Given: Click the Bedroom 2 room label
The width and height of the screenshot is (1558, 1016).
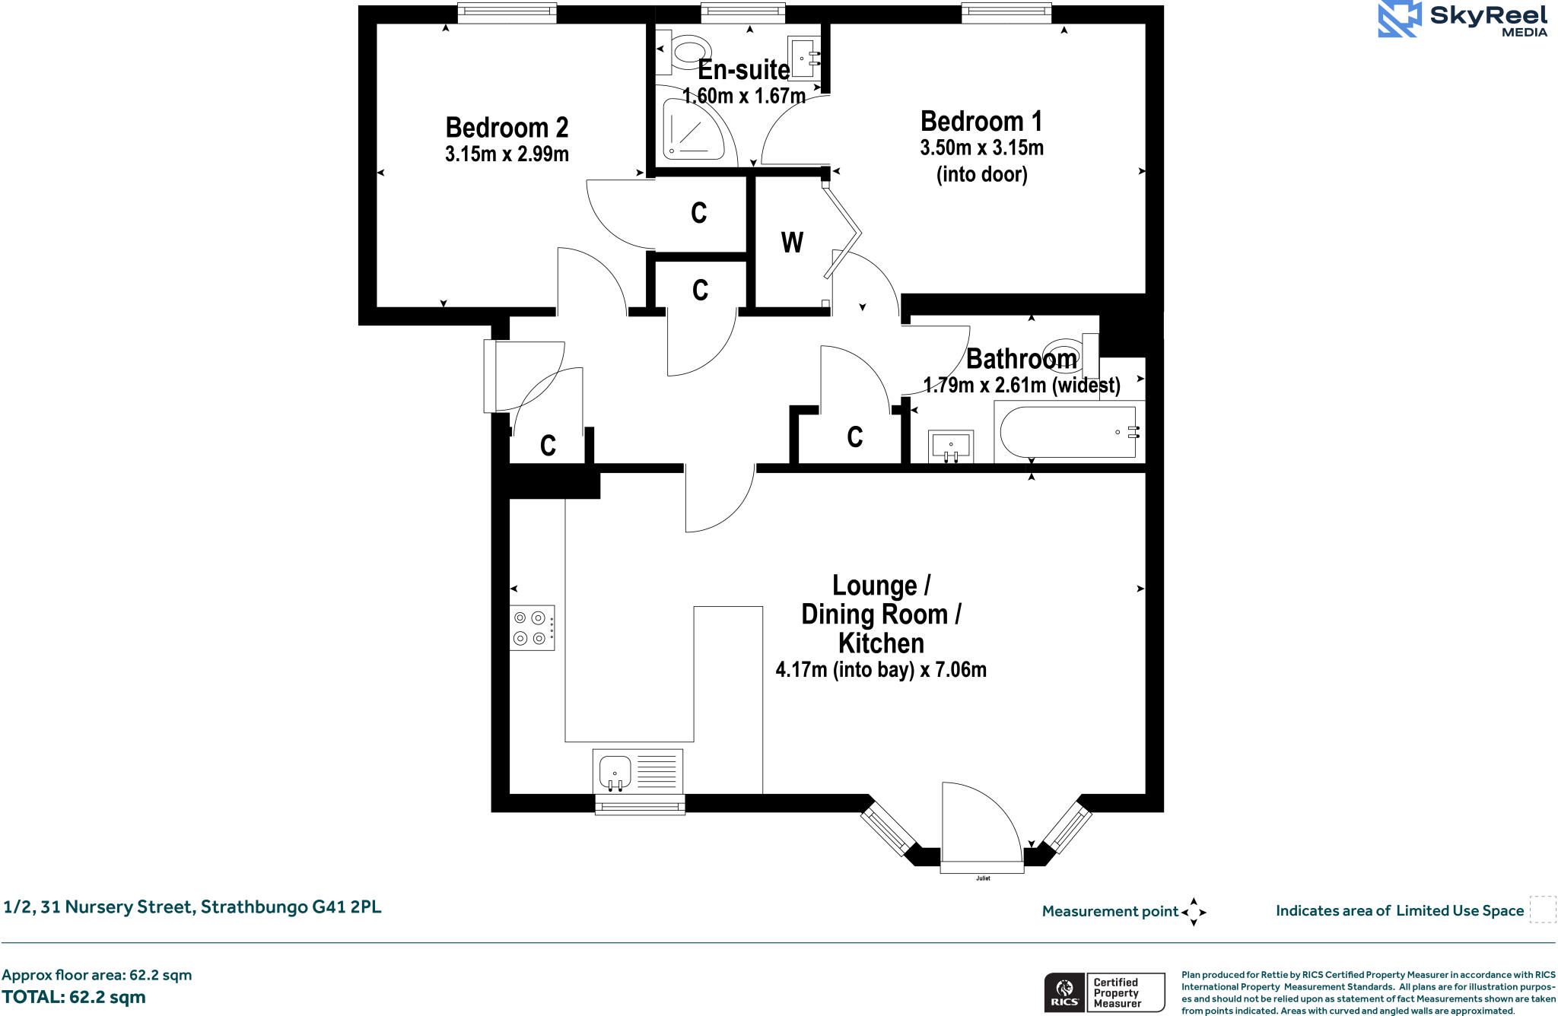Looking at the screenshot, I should point(507,128).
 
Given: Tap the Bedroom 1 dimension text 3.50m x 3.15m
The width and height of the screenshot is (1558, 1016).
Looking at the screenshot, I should point(981,148).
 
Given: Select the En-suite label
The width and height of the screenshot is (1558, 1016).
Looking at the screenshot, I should point(743,70).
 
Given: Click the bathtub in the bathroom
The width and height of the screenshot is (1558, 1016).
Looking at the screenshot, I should point(1069,432).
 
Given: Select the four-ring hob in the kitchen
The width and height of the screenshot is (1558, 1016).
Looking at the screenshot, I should point(532,627).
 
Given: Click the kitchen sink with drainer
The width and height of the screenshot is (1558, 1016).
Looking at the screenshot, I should point(638,771).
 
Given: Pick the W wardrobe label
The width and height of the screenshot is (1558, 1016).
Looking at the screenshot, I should point(791,243).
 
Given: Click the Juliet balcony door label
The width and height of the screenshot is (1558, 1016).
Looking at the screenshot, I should point(983,878).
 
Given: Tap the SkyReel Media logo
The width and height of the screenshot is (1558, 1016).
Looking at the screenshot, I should point(1462,21).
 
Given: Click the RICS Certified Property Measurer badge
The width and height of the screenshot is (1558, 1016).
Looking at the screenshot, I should point(1104,992).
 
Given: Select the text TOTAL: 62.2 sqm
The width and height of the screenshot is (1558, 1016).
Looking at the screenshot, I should point(74,997).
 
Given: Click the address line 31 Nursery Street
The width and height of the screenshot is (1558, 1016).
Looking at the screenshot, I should point(192,907).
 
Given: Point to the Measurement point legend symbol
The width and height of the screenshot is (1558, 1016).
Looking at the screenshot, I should point(1193,911).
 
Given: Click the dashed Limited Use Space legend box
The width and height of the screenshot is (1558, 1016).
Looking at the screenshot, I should point(1542,910).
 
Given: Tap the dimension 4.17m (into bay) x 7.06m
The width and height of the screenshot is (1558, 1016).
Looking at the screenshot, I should point(880,670).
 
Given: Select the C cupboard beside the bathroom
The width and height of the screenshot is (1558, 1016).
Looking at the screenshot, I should point(854,437).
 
